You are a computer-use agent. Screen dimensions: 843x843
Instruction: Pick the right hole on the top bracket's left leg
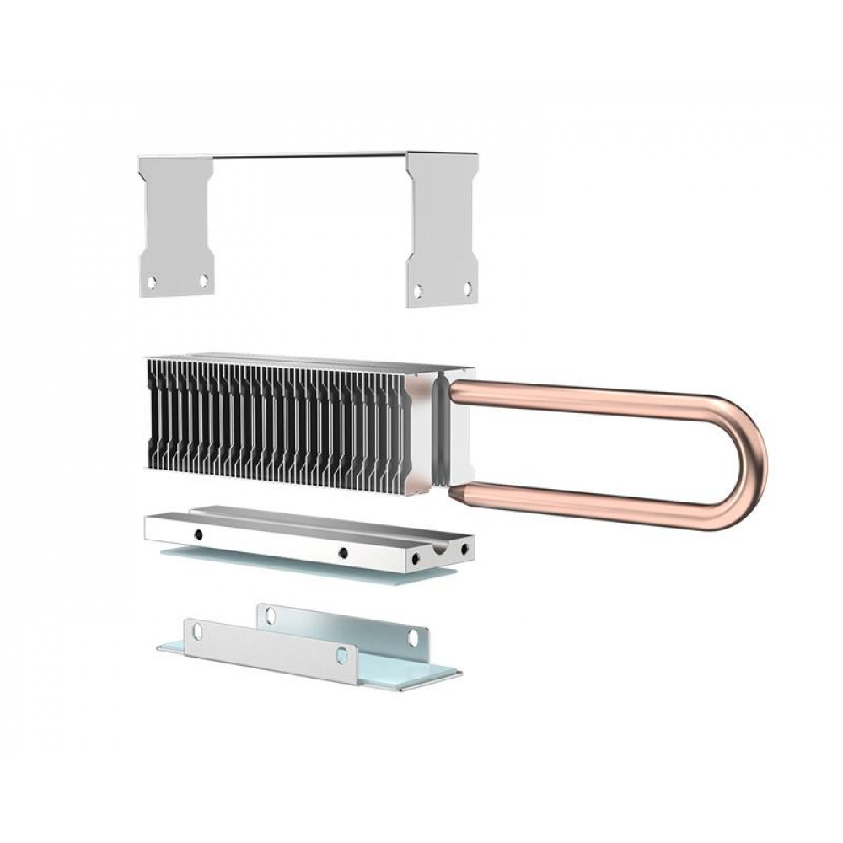203,280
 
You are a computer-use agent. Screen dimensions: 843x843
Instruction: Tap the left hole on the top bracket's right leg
416,292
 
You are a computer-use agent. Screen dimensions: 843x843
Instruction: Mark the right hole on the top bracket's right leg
467,287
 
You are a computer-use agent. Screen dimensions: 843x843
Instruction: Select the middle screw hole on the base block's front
342,553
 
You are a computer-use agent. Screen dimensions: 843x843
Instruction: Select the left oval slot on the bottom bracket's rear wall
270,616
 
